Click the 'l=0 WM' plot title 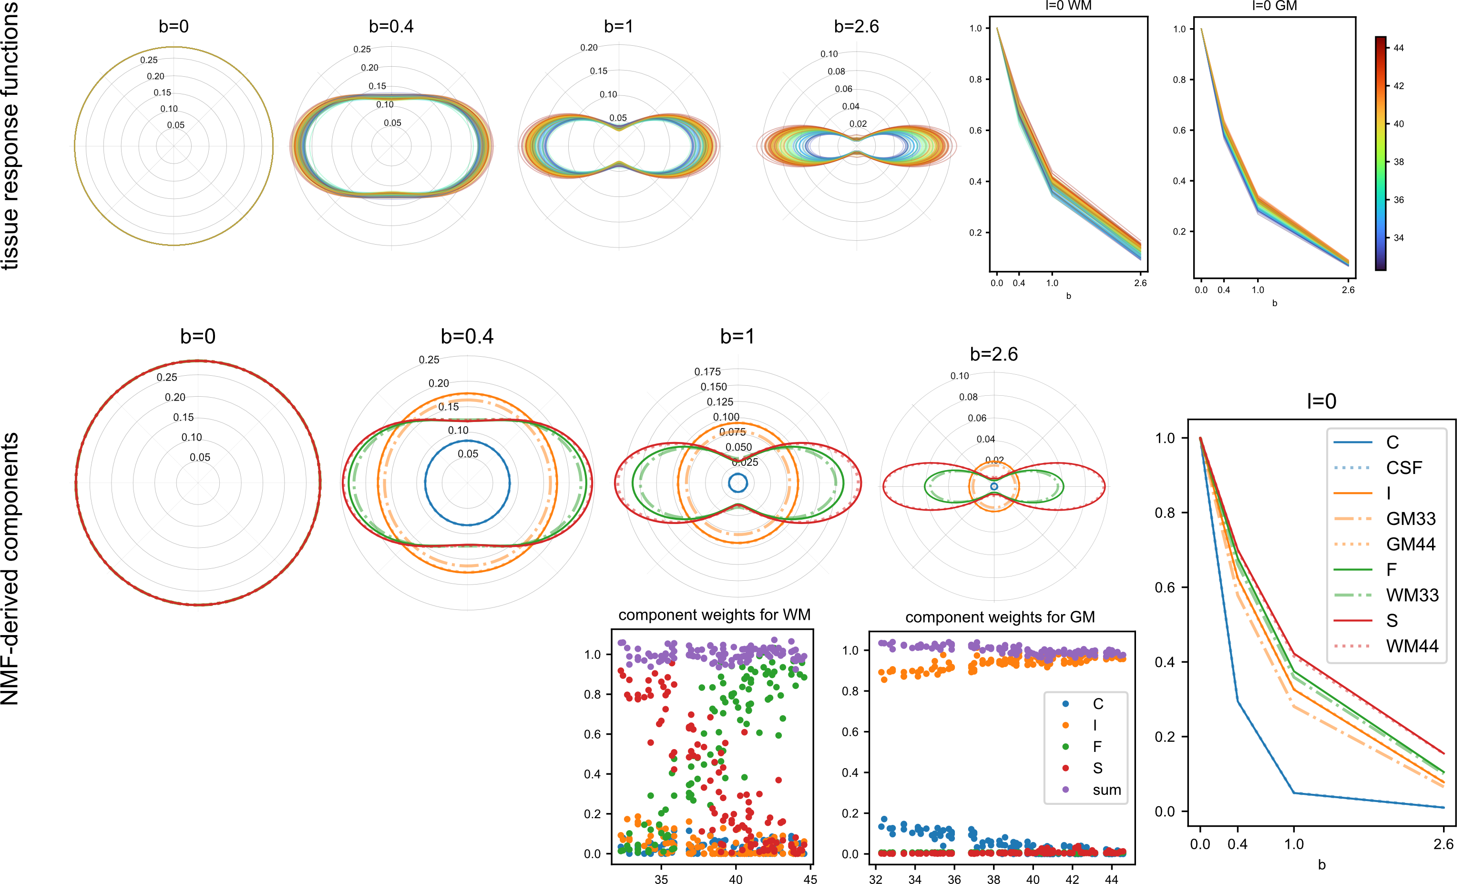coord(1068,6)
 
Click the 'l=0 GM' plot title coord(1274,6)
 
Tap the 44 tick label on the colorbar coord(1399,48)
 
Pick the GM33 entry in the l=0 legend coord(1411,519)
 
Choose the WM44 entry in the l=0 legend coord(1412,646)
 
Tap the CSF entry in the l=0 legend coord(1404,468)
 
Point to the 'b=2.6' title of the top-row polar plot coord(856,26)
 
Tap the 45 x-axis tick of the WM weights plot coord(810,879)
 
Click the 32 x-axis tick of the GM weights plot coord(875,879)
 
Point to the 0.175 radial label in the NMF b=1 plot coord(707,372)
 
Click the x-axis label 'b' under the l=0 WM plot coord(1068,296)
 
